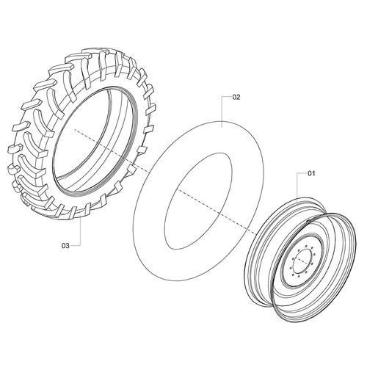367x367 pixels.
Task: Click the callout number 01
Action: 311,174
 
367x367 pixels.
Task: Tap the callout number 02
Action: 236,98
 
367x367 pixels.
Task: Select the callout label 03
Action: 65,246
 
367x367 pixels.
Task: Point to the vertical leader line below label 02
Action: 222,112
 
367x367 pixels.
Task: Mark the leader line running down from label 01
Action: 297,186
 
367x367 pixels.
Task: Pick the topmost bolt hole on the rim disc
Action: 307,245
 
